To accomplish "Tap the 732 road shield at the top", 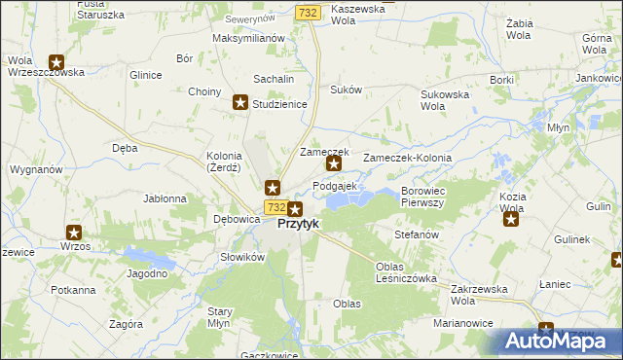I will click(308, 12).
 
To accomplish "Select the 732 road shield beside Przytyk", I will click(275, 208).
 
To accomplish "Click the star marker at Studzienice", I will click(240, 102).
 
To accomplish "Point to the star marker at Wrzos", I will click(74, 232).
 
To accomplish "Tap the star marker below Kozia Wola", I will click(511, 219).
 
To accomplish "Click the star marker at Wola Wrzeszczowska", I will click(56, 61).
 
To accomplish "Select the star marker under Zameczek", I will click(334, 163).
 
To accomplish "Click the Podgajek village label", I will click(336, 186).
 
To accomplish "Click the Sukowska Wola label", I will click(445, 100).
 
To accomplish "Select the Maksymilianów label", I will click(248, 38).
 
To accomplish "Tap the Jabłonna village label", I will click(165, 198).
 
